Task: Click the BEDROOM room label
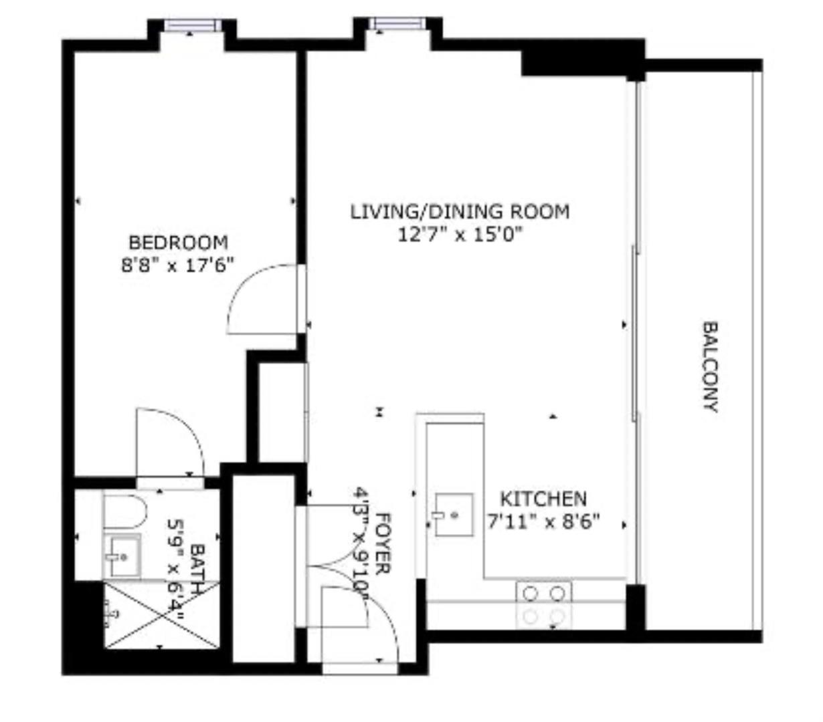[178, 241]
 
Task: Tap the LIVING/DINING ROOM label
[460, 212]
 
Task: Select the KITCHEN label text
[543, 499]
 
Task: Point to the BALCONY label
[710, 367]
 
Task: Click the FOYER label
[383, 544]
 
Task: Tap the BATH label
[197, 568]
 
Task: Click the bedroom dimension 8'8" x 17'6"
[175, 265]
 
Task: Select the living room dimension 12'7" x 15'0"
[460, 235]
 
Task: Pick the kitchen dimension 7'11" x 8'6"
[543, 521]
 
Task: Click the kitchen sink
[454, 515]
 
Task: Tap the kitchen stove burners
[543, 604]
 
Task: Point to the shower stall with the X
[162, 614]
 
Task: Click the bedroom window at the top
[193, 25]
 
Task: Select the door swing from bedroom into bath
[169, 442]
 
